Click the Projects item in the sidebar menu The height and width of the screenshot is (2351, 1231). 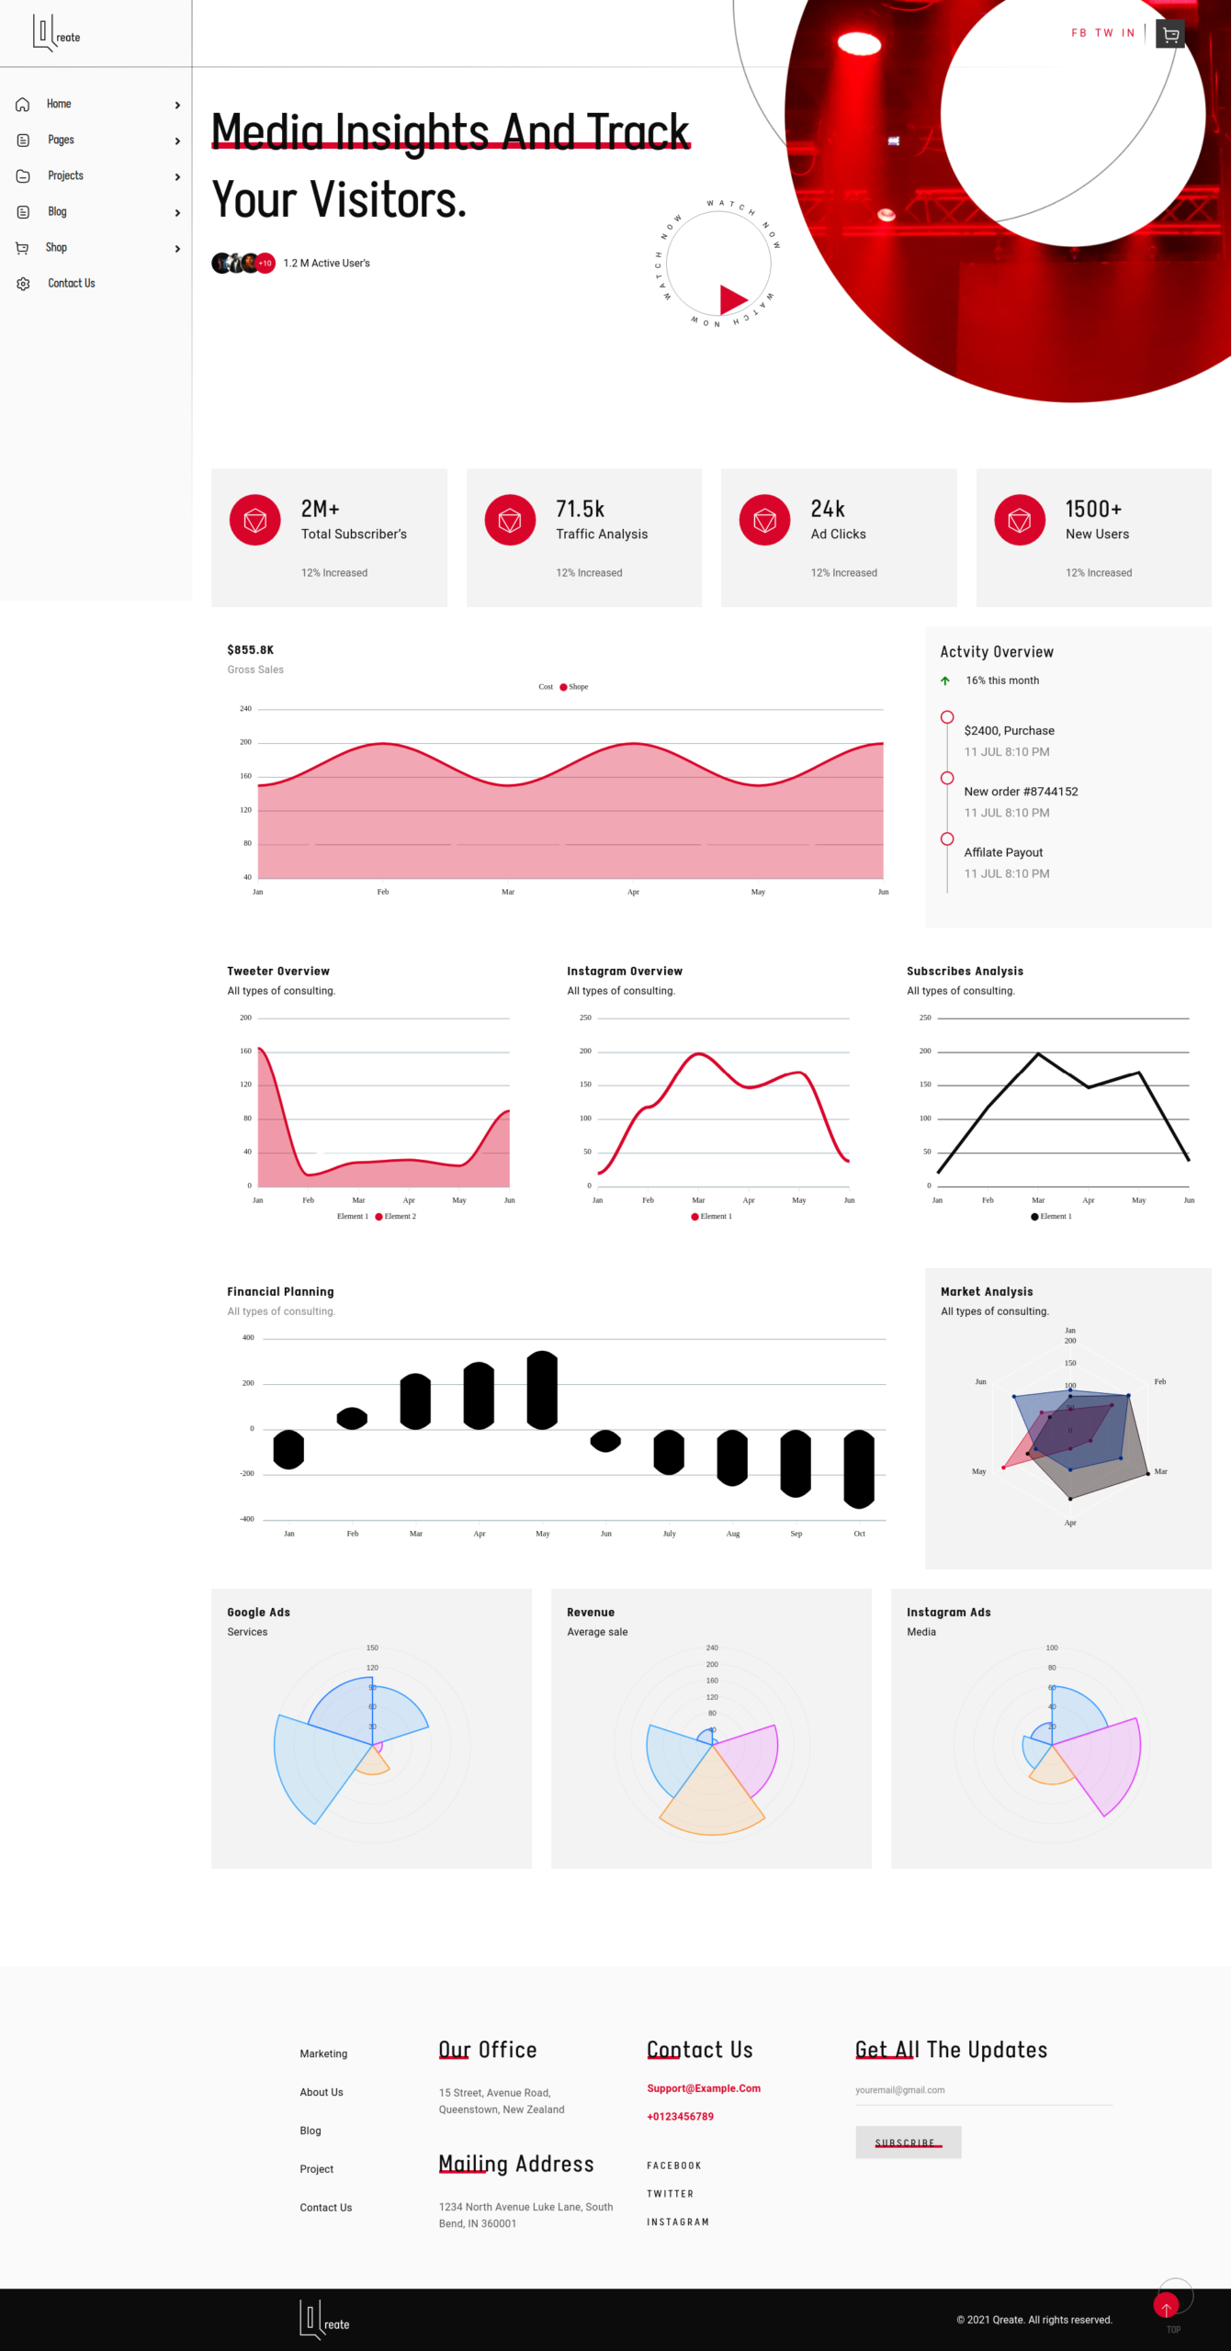[x=65, y=175]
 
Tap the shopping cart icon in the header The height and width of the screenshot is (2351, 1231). [x=1169, y=34]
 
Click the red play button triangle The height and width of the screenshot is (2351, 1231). [x=731, y=298]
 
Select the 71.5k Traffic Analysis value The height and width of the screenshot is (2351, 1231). [x=580, y=509]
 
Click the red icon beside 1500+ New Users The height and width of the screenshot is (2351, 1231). [x=1019, y=520]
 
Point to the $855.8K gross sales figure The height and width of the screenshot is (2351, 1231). [x=250, y=649]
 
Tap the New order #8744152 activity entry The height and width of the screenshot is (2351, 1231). [x=1021, y=792]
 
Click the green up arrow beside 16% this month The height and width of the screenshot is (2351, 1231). [x=944, y=681]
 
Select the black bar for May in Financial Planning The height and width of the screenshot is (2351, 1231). [x=542, y=1389]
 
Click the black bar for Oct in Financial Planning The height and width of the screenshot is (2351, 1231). [x=859, y=1468]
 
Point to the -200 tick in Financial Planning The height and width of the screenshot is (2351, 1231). [x=247, y=1473]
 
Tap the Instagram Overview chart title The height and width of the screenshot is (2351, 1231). [x=624, y=971]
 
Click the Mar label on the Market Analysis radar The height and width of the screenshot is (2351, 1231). [x=1160, y=1471]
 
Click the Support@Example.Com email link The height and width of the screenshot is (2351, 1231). [x=703, y=2088]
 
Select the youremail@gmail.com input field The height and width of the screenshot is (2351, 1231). [x=983, y=2090]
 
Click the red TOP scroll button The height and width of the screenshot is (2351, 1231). [x=1166, y=2305]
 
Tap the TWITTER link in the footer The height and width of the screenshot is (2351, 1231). [x=670, y=2194]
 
